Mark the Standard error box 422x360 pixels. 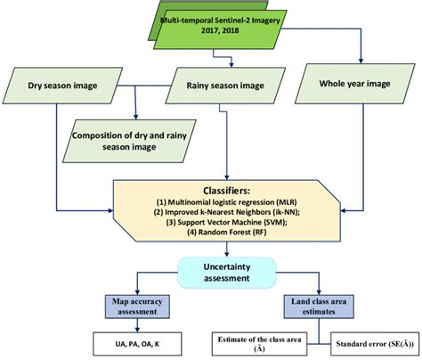(376, 344)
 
